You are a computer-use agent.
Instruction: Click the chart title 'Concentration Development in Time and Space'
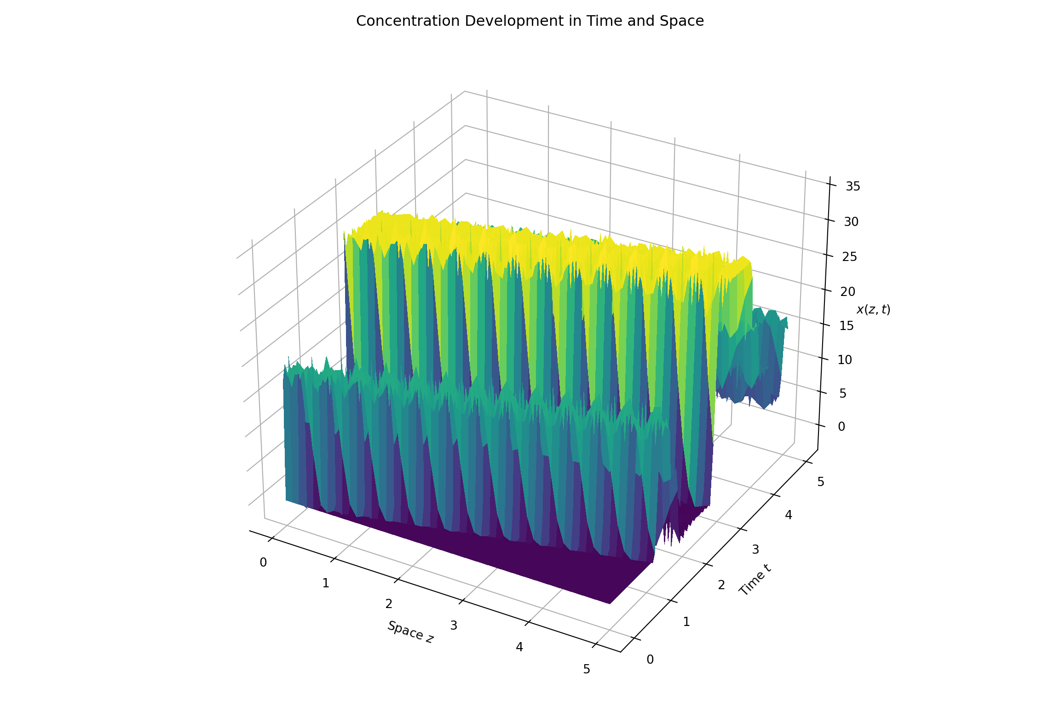click(530, 21)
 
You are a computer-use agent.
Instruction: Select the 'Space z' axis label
click(410, 632)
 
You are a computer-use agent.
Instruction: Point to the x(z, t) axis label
click(873, 310)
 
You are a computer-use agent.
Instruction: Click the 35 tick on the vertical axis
click(853, 186)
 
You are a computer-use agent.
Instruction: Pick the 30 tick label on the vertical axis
click(851, 222)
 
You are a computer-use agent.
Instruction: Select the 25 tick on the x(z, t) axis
click(849, 256)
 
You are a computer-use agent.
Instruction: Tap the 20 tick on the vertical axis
click(847, 291)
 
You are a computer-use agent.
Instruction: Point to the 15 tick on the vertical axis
click(846, 326)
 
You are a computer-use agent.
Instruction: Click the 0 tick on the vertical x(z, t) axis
click(841, 427)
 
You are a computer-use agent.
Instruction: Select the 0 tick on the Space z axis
click(263, 562)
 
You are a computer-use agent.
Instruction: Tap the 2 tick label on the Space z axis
click(389, 603)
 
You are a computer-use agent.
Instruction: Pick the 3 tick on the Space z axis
click(454, 626)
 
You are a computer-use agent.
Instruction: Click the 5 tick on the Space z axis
click(587, 669)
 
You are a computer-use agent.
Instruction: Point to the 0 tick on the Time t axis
click(650, 660)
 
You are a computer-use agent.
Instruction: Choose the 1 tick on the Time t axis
click(686, 622)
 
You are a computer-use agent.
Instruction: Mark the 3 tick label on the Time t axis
click(755, 549)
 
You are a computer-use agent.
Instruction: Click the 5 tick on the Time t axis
click(820, 482)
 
